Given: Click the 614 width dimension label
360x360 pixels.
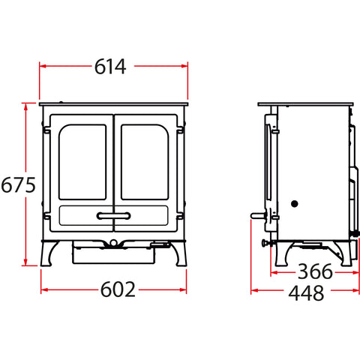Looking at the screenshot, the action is point(110,67).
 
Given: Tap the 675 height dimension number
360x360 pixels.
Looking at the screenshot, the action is point(18,185).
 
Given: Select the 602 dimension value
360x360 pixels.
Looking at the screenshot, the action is point(118,289).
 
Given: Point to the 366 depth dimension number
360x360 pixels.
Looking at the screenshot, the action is point(315,271).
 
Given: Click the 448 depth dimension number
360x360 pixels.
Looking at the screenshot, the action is point(306,293).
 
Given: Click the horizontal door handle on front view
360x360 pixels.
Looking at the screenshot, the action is point(113,216).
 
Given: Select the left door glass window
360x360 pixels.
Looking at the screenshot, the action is point(82,162).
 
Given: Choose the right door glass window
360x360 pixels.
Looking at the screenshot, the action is point(145,162).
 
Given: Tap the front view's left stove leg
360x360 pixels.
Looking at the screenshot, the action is point(48,253).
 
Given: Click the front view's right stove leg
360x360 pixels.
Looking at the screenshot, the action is point(179,253).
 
